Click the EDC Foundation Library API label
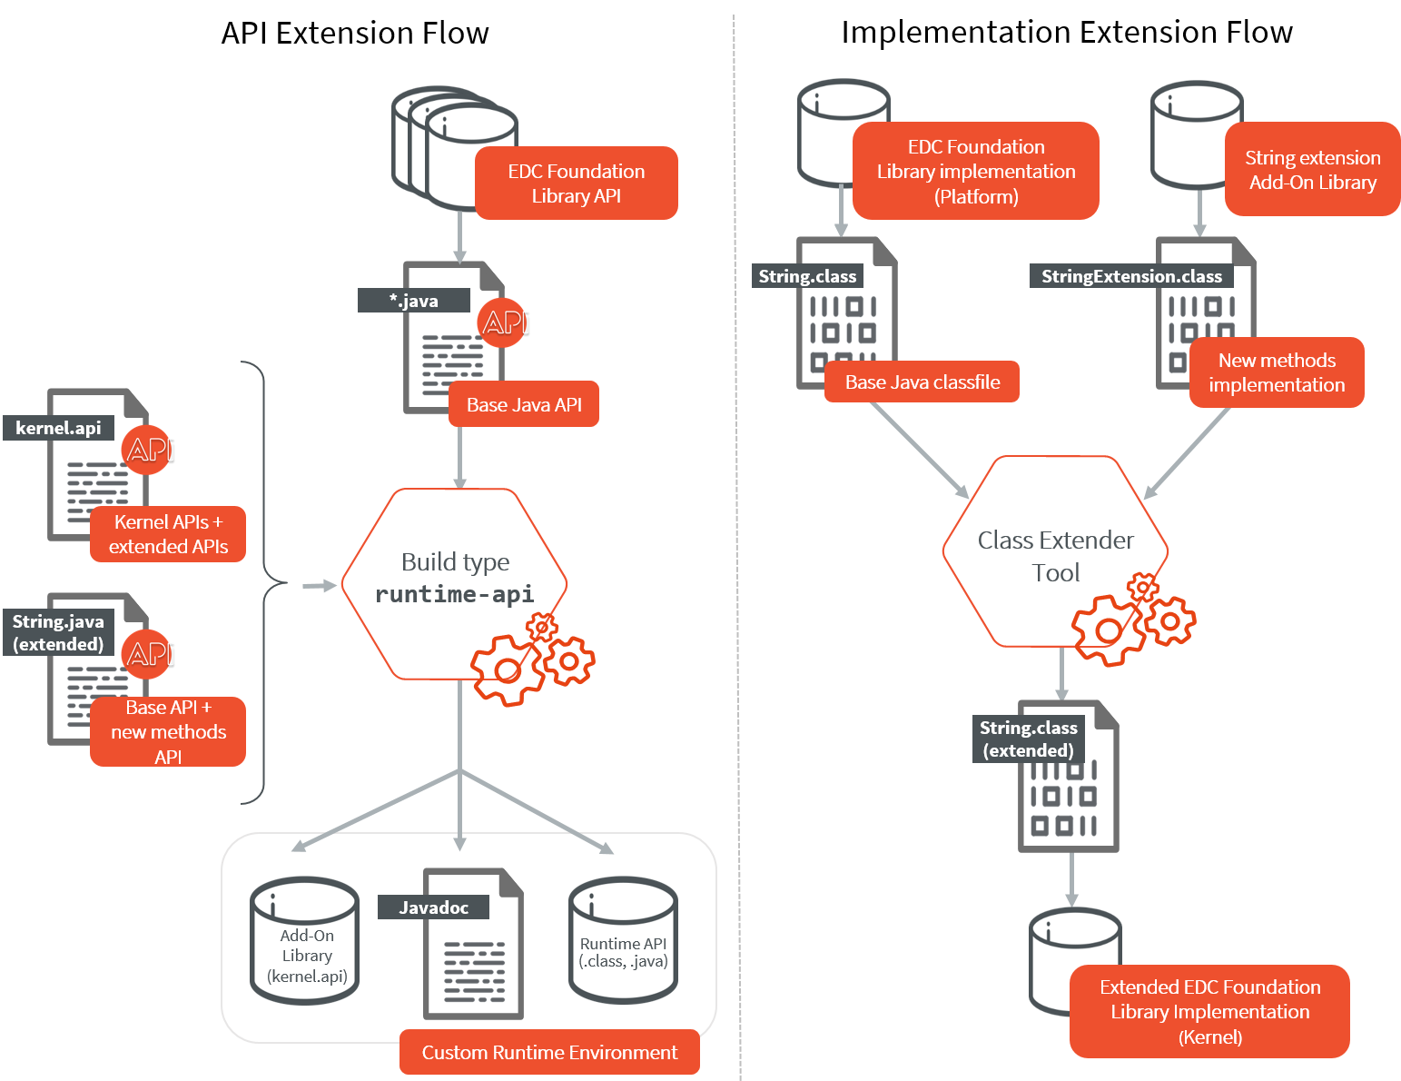(x=577, y=183)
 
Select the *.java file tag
(x=414, y=301)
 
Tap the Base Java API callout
(x=524, y=405)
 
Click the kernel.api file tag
(x=58, y=428)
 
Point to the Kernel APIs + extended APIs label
(x=168, y=534)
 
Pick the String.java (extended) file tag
(x=58, y=633)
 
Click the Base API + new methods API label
(x=168, y=731)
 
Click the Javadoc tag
(x=434, y=907)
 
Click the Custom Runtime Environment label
(x=549, y=1053)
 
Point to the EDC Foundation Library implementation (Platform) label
(x=976, y=172)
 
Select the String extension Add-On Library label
(x=1312, y=170)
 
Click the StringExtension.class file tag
(x=1131, y=276)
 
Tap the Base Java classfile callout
(x=922, y=382)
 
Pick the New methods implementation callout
(x=1277, y=372)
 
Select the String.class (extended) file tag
(x=1029, y=739)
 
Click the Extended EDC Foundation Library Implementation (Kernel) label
(x=1209, y=1012)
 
